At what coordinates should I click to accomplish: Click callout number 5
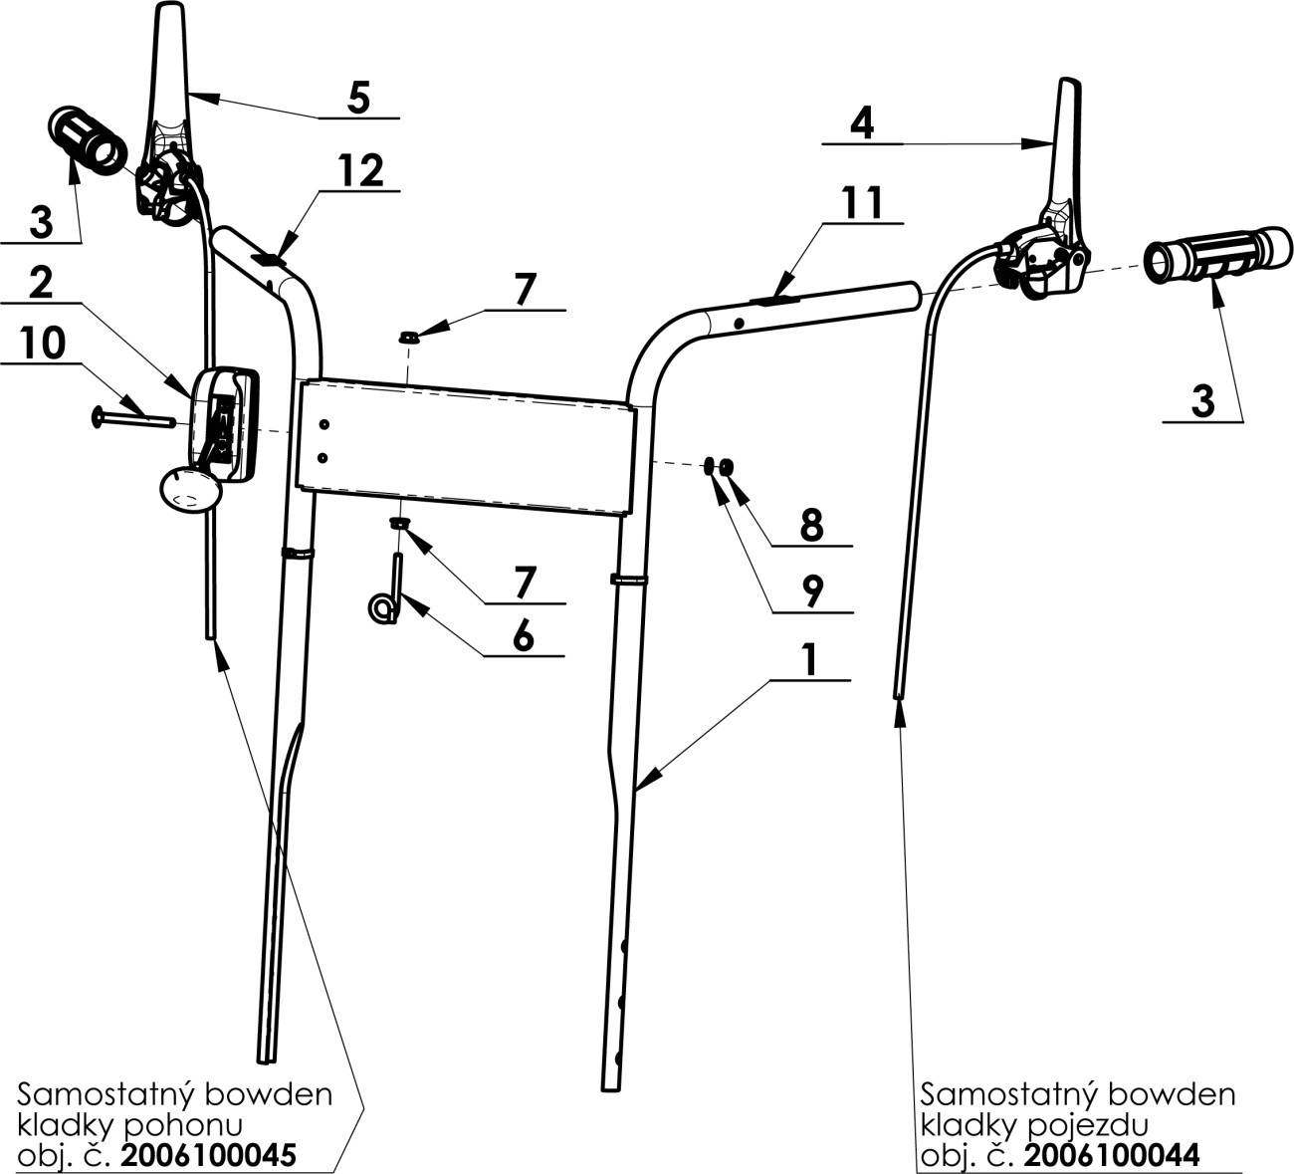tap(358, 99)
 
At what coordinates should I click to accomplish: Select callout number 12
tap(362, 170)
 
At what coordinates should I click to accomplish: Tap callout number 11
tap(863, 203)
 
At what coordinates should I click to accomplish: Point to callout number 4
tap(862, 122)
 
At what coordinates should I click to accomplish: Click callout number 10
tap(43, 343)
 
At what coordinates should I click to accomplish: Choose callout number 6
tap(524, 635)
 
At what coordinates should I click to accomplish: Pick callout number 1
tap(809, 659)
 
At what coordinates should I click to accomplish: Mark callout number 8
tap(811, 525)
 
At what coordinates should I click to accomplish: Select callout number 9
tap(812, 591)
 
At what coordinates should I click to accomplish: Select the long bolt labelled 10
tap(133, 418)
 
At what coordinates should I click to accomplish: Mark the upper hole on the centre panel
tap(324, 424)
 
